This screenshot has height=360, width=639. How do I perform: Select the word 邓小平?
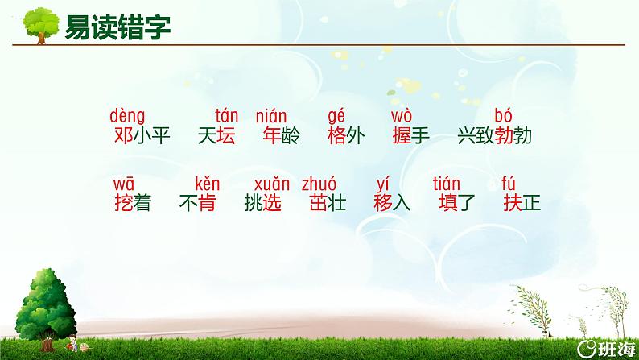click(x=142, y=136)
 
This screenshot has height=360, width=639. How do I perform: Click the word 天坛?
click(x=216, y=136)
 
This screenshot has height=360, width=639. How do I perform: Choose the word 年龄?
click(x=281, y=136)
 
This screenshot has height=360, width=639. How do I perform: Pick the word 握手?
click(x=410, y=136)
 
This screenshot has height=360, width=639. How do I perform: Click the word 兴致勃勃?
click(x=494, y=136)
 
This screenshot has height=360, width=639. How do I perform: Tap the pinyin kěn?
click(x=207, y=184)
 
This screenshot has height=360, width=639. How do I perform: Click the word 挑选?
click(x=262, y=204)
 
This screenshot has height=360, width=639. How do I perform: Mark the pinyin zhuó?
click(x=319, y=184)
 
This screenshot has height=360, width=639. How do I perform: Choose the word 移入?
click(x=393, y=204)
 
